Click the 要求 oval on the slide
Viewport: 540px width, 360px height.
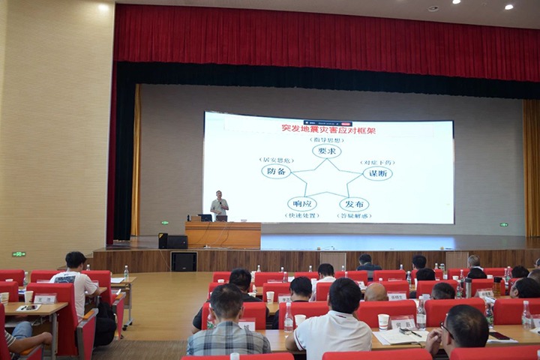(x=326, y=151)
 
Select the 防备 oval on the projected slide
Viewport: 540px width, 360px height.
(x=276, y=171)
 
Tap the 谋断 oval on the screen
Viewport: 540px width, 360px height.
(x=377, y=173)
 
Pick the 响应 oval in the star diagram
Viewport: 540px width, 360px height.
(x=301, y=204)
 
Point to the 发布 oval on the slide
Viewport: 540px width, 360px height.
(x=353, y=204)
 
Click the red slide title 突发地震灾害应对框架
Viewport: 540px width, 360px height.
(x=328, y=129)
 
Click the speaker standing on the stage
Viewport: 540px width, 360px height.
(x=219, y=205)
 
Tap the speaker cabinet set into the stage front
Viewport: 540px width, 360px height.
(x=184, y=261)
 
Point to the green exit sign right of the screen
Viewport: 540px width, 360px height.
(x=504, y=224)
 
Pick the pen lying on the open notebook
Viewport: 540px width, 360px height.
(x=414, y=334)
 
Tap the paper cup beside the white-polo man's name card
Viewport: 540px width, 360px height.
(x=383, y=322)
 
